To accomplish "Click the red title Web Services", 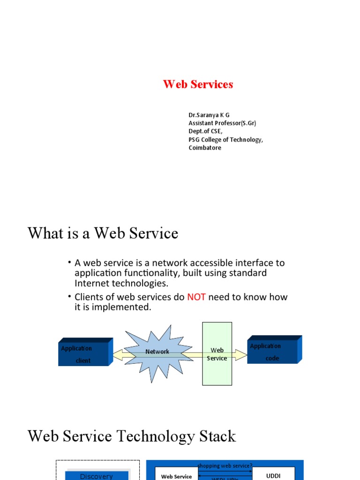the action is coord(198,84).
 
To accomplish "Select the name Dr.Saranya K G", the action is coord(209,115).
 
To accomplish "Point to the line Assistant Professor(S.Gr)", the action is coord(222,123).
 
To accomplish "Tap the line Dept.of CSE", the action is coord(205,131).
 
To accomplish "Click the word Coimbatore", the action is coord(205,148).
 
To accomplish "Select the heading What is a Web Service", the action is coord(103,233).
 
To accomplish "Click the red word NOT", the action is coord(196,297).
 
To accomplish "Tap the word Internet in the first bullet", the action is coord(93,283).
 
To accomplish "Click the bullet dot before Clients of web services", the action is coord(69,296).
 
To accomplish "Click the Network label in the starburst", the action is coord(157,352).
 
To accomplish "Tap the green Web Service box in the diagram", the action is coord(217,354).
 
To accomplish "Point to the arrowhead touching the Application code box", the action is coord(242,355).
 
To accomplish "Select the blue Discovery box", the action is coord(96,475).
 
